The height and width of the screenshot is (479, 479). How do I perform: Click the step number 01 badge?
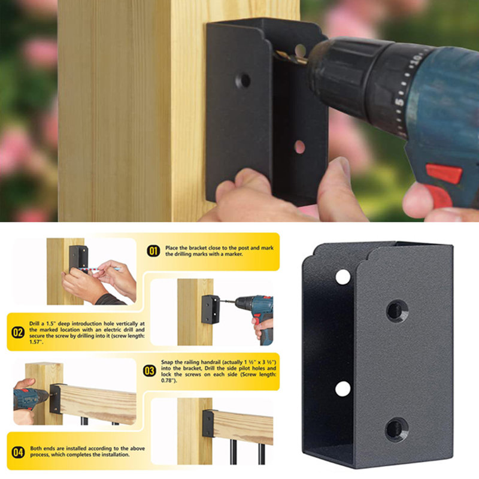153,251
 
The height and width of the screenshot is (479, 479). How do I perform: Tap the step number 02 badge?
18,332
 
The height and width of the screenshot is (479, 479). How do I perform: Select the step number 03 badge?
149,371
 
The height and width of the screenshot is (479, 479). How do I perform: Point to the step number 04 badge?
18,452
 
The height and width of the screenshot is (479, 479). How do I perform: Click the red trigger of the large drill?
444,174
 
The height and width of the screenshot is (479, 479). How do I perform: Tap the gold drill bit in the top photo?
291,57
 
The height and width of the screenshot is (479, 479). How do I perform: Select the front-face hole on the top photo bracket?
243,81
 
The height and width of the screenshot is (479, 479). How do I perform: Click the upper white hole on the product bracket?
342,277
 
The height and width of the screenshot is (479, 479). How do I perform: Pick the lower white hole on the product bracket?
342,389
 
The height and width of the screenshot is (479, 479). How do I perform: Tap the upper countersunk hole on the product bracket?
397,311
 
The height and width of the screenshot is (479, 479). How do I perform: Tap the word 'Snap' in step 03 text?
167,362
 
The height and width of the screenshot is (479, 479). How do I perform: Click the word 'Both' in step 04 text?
35,448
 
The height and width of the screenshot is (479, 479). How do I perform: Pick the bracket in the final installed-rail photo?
208,423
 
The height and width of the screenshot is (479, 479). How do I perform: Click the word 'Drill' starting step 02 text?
35,323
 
